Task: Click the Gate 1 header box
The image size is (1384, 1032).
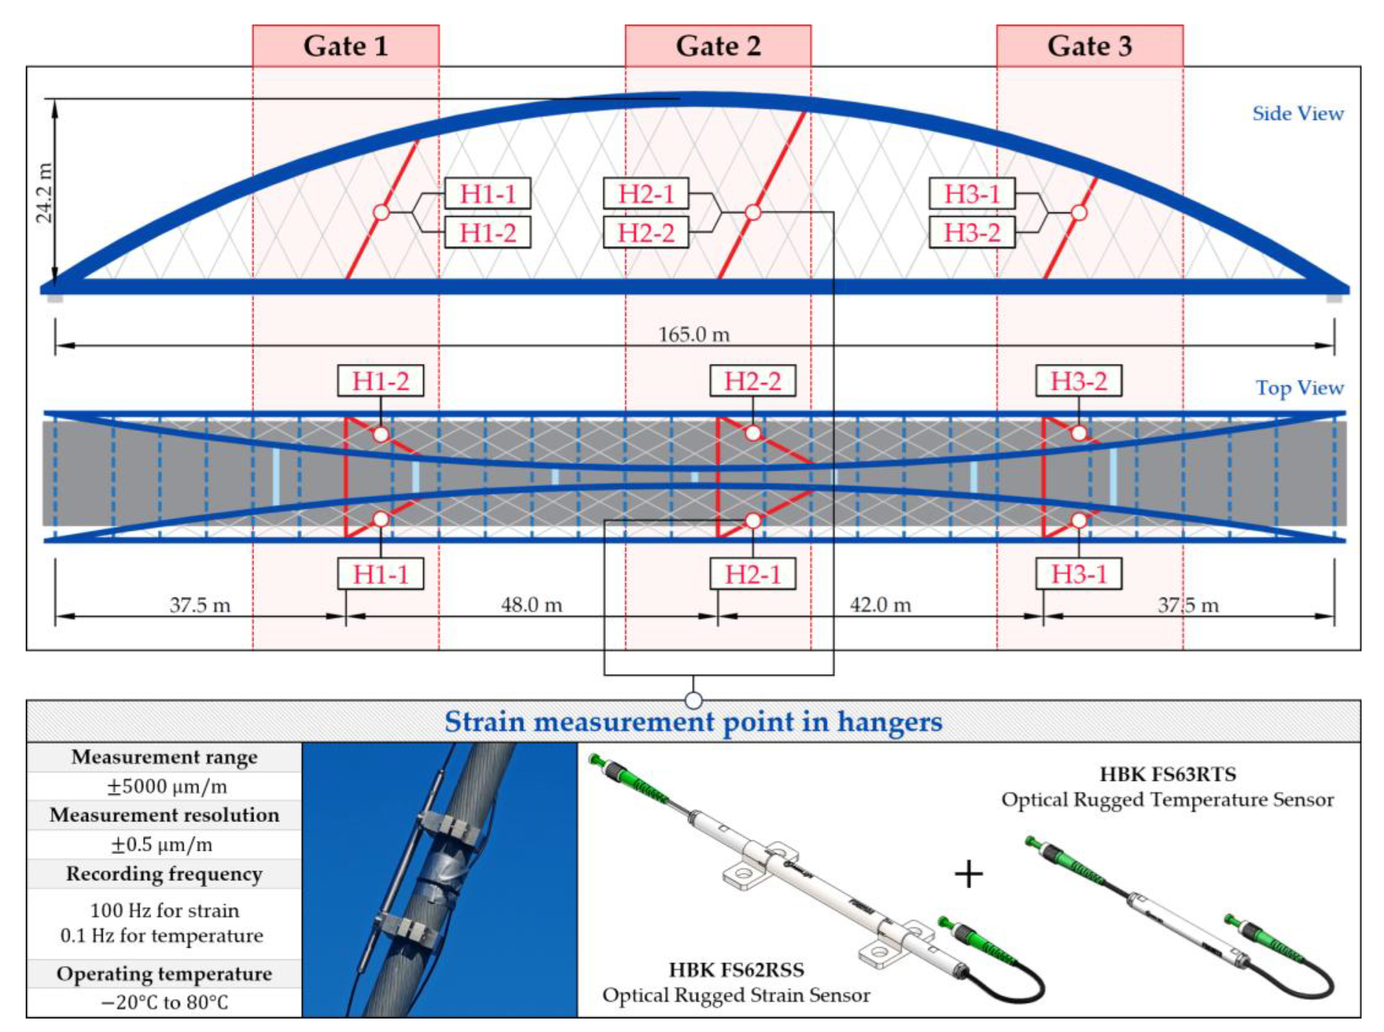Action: tap(345, 46)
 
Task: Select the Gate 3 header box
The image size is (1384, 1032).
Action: tap(1089, 46)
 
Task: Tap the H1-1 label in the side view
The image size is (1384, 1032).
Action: tap(487, 193)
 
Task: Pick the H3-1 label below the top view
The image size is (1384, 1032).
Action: tap(1079, 574)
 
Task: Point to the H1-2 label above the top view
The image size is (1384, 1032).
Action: tap(380, 381)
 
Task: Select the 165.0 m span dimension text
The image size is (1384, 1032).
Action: tap(694, 335)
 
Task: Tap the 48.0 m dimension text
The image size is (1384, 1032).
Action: tap(531, 605)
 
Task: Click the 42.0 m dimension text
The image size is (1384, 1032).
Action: tap(880, 605)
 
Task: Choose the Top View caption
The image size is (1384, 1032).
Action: tap(1299, 388)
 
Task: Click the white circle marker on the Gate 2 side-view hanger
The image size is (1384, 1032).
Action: tap(753, 213)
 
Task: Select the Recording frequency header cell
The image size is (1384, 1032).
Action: tap(165, 874)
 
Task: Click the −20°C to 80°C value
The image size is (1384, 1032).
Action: tap(165, 1003)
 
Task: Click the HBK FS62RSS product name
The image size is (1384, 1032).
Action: tap(736, 970)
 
